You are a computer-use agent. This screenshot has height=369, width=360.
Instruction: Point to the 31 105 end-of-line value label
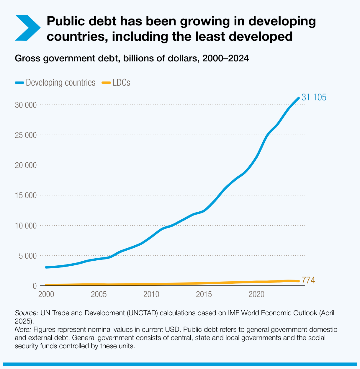[314, 97]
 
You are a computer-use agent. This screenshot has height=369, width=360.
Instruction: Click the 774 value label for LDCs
[308, 280]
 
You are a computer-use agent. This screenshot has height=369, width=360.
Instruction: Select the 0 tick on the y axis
[35, 286]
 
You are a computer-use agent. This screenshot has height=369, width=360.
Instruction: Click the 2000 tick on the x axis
[46, 294]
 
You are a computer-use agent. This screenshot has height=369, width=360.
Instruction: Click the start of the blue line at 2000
[46, 267]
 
